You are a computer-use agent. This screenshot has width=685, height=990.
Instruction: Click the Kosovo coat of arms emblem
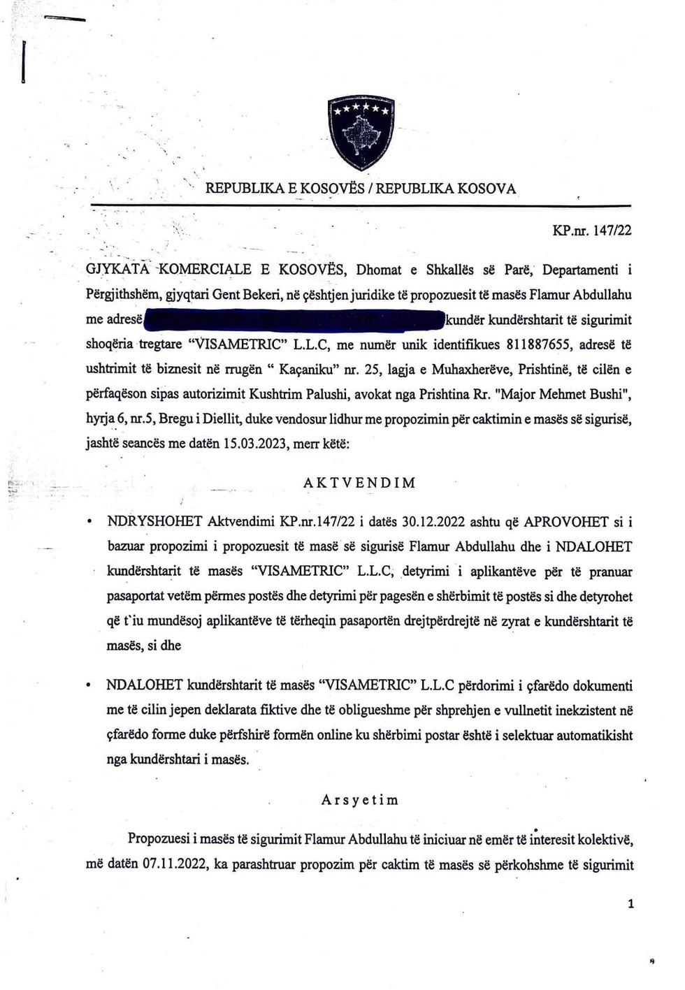[x=361, y=133]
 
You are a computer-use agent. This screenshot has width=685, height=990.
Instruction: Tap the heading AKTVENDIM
[x=360, y=483]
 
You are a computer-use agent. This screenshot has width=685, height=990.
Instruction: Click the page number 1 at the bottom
[x=631, y=904]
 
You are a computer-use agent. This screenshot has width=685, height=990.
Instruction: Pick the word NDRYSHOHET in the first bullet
[x=155, y=522]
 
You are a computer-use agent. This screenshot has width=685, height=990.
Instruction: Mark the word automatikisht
[x=588, y=735]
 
